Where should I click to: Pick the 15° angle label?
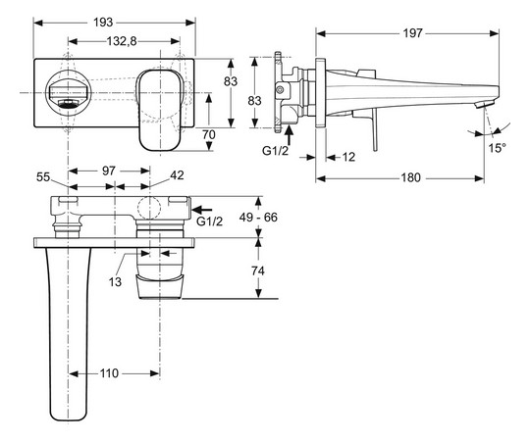pos(499,148)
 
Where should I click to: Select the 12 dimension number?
pos(348,158)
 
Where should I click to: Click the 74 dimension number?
pos(258,271)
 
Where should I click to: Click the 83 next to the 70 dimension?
pos(231,82)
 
